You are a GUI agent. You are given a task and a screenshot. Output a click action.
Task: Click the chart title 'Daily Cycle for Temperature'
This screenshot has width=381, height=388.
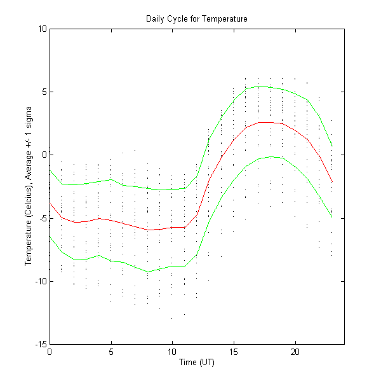196,19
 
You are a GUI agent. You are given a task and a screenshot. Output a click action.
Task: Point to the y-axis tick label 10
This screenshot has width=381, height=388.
42,29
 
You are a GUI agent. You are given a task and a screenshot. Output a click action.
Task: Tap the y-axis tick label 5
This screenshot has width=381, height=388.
44,92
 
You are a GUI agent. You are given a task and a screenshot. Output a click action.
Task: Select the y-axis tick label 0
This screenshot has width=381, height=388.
44,155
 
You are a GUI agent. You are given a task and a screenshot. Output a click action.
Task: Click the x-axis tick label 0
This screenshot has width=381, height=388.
50,352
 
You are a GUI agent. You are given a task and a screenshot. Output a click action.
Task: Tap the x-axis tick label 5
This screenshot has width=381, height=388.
111,352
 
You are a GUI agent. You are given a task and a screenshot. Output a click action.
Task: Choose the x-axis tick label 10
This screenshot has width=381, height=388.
172,352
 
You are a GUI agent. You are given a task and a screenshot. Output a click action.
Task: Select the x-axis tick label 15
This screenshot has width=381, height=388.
234,352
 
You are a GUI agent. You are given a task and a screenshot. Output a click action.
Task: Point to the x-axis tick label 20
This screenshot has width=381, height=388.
295,352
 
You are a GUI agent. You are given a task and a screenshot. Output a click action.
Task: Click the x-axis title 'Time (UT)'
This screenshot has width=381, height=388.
196,362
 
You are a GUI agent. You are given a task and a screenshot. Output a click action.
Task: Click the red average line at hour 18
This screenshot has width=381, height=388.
271,122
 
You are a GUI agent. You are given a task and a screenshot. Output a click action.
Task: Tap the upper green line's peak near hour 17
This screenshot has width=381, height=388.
258,86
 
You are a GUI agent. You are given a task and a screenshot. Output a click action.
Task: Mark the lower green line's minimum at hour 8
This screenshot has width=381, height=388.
148,272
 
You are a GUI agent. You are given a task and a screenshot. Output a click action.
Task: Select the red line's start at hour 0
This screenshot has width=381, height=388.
50,203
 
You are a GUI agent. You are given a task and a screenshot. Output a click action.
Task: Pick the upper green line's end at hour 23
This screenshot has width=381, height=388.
332,146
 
